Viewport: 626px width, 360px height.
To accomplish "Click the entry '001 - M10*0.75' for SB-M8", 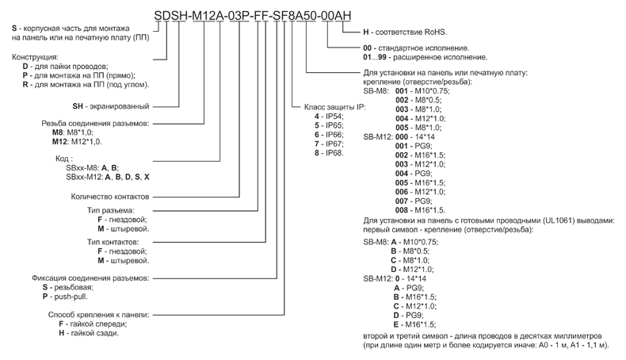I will point(427,91).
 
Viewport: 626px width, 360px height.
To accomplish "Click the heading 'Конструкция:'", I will point(35,57).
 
